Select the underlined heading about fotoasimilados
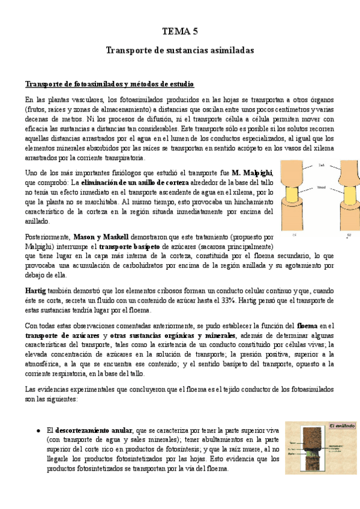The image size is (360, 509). [109, 83]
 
